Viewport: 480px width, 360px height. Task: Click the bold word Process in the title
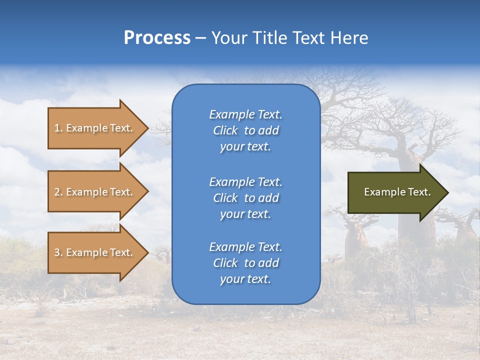click(157, 38)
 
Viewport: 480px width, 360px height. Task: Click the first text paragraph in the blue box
click(245, 130)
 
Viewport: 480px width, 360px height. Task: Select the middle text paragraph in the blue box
click(245, 198)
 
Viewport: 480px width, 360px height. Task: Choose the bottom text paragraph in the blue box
click(245, 263)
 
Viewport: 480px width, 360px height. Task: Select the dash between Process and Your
click(201, 38)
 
